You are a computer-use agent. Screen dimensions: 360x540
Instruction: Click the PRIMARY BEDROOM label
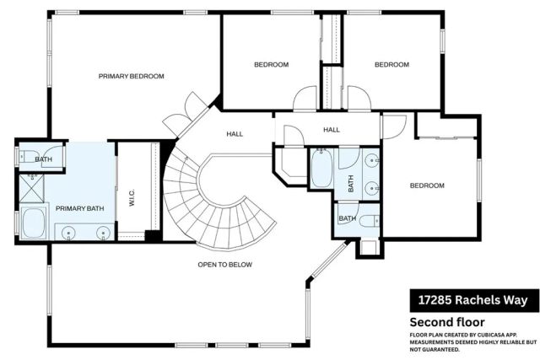(x=131, y=76)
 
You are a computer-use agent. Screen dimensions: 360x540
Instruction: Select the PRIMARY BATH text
(x=79, y=208)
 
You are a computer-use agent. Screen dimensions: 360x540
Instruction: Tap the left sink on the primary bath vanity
(x=68, y=232)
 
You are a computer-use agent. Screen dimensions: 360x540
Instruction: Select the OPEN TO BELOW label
(x=224, y=264)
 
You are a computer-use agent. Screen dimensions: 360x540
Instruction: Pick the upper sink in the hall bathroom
(x=372, y=159)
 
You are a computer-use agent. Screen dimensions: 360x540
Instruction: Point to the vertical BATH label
(x=350, y=182)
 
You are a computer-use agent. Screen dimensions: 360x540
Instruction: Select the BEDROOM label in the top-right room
(x=391, y=65)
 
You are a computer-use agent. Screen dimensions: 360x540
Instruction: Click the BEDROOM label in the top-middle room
(x=272, y=65)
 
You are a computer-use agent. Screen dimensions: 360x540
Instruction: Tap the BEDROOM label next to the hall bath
(x=426, y=185)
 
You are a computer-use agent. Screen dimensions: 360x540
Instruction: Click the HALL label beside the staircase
(x=235, y=134)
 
